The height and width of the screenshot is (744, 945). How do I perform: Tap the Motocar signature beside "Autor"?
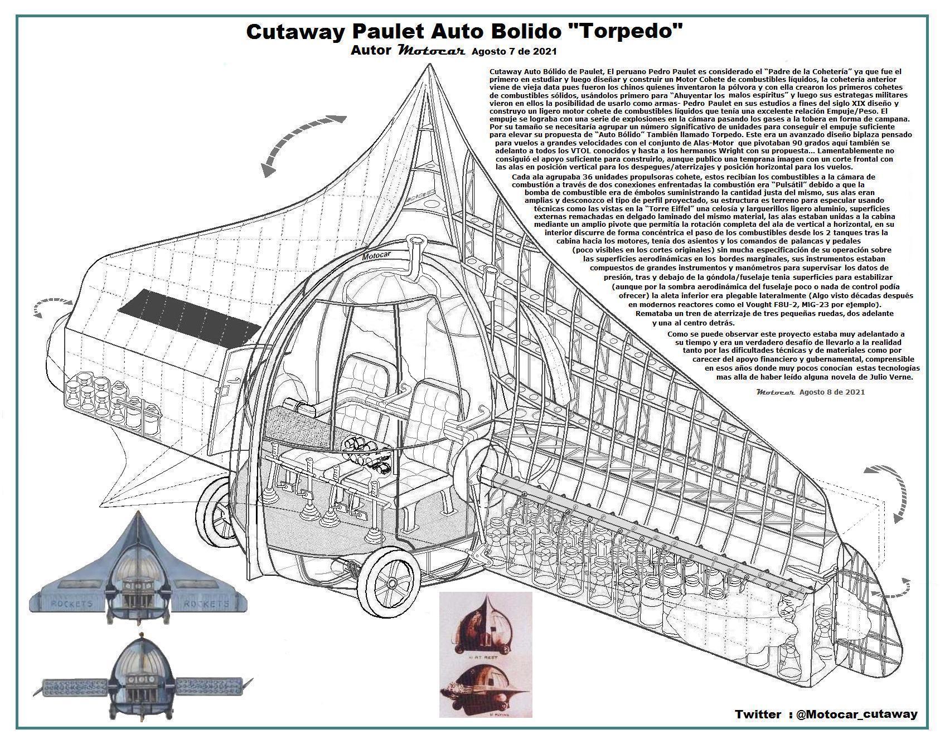pyautogui.click(x=432, y=51)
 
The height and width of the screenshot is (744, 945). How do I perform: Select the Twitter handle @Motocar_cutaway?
pyautogui.click(x=856, y=714)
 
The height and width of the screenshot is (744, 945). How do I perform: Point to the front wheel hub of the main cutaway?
pyautogui.click(x=392, y=583)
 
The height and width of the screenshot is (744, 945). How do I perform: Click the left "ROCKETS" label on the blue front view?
pyautogui.click(x=72, y=604)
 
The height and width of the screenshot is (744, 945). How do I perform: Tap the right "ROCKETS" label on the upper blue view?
pyautogui.click(x=206, y=604)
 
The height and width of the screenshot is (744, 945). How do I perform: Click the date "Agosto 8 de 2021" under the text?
pyautogui.click(x=832, y=392)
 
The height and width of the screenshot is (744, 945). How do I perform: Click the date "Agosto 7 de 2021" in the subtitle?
pyautogui.click(x=514, y=52)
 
